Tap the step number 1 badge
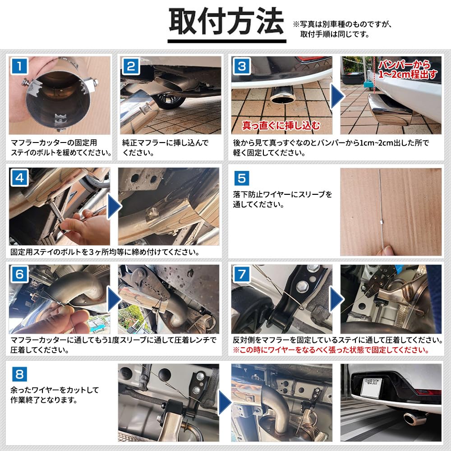19,66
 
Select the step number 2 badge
130,66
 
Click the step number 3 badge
242,67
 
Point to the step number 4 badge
19,178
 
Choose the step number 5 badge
242,178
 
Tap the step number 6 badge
19,274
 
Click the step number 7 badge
242,274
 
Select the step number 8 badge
19,373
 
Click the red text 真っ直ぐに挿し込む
281,124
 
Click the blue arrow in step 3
336,95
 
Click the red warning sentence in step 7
330,350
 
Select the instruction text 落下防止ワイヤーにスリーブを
283,195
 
